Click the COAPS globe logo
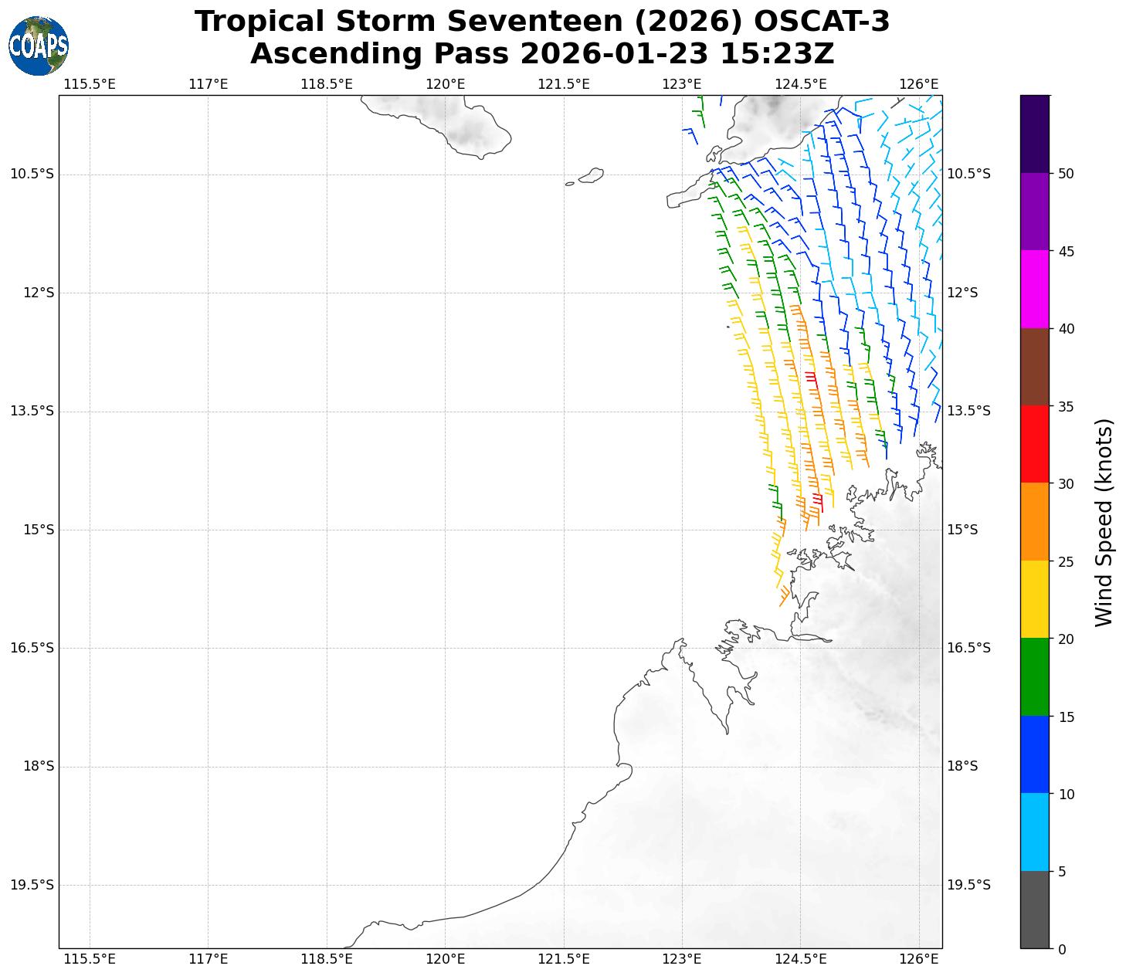click(x=39, y=46)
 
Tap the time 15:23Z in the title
click(x=777, y=54)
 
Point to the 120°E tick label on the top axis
click(x=446, y=83)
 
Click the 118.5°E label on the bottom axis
click(x=327, y=959)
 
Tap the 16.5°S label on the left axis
click(x=32, y=648)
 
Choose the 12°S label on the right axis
click(x=962, y=293)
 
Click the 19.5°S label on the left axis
click(x=32, y=885)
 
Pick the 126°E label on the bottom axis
click(x=919, y=959)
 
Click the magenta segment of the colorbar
click(x=1035, y=290)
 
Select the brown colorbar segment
click(x=1035, y=367)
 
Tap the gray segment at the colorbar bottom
click(x=1035, y=910)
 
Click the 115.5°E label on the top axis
click(x=90, y=83)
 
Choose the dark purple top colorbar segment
click(x=1035, y=134)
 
